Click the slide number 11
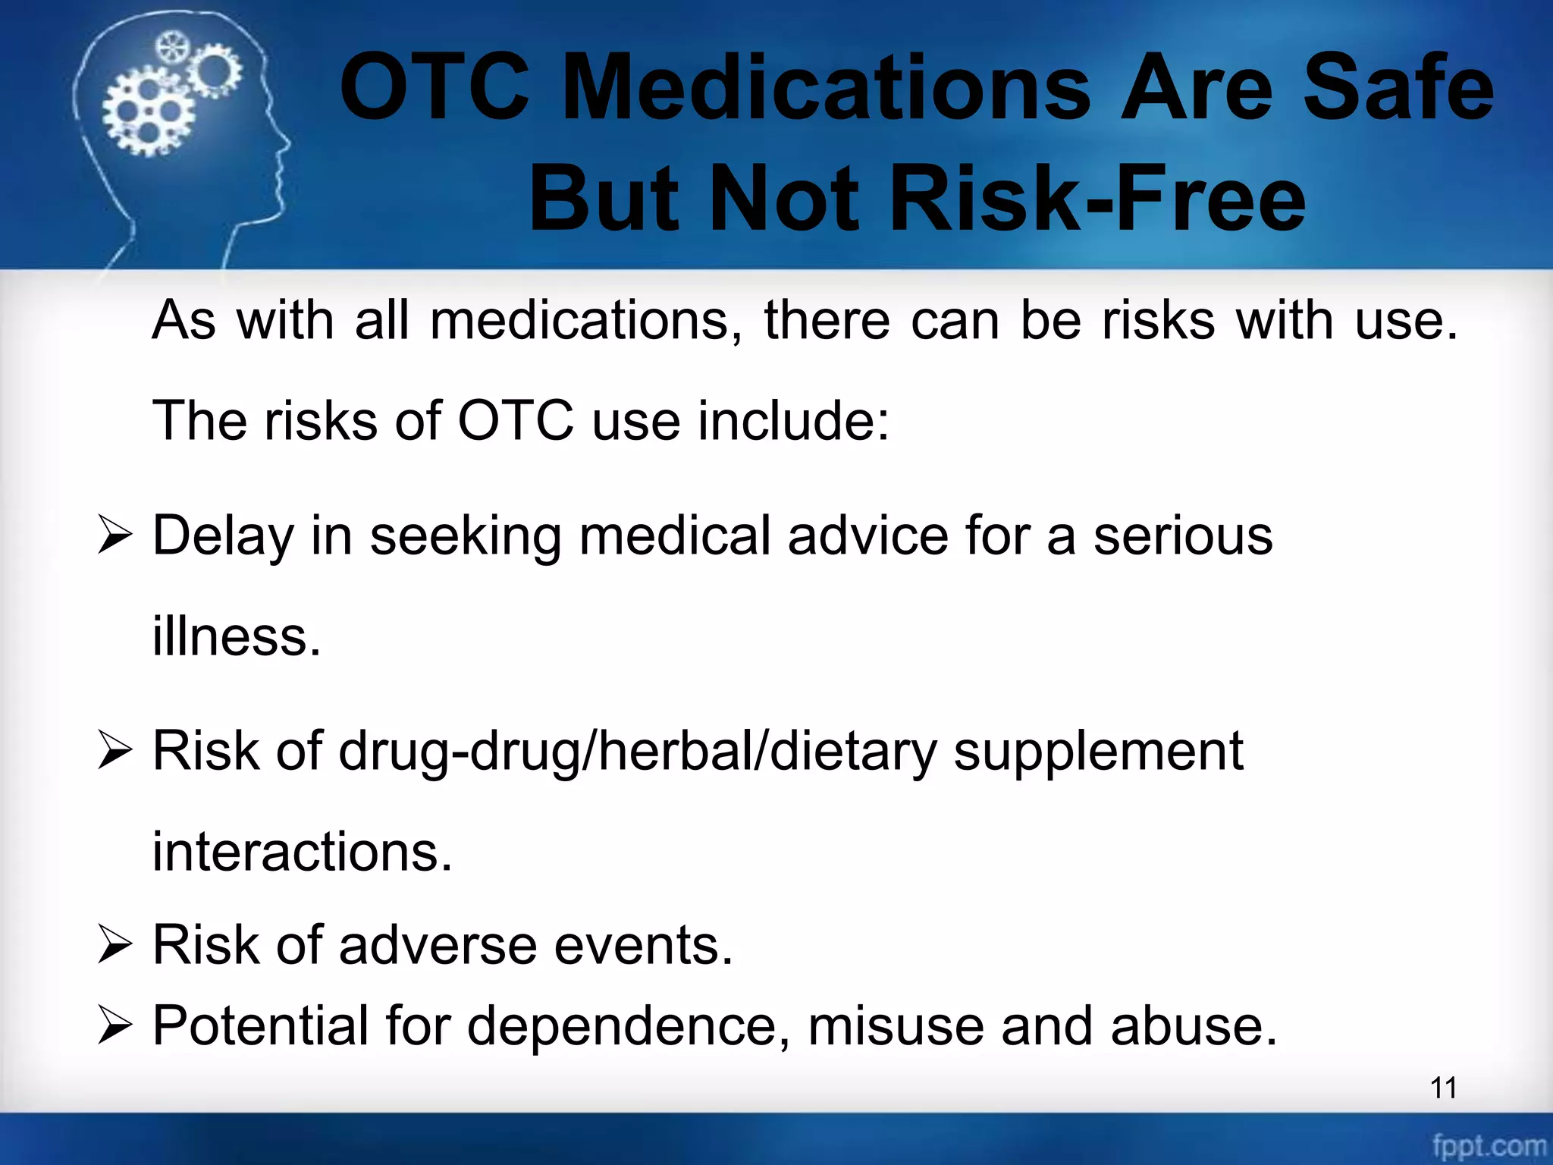[1443, 1088]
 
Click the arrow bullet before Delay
[115, 536]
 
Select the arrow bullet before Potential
[115, 1027]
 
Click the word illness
[236, 636]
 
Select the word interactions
[302, 852]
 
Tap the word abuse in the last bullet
[1194, 1026]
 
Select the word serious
[1182, 536]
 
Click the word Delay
[222, 536]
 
